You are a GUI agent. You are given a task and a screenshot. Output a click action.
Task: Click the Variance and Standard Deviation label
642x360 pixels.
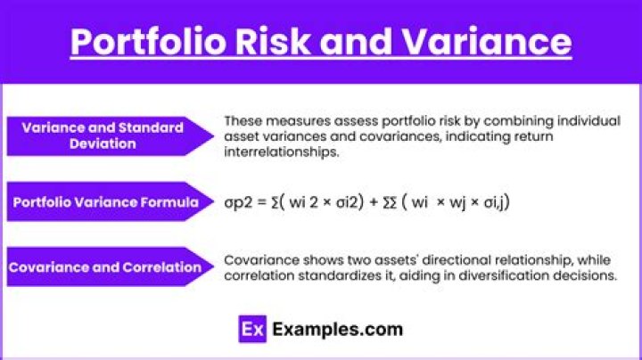(x=102, y=135)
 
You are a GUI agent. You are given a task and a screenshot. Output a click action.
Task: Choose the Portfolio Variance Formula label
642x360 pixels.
(x=105, y=202)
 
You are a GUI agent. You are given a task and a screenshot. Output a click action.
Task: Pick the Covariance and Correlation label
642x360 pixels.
(x=105, y=266)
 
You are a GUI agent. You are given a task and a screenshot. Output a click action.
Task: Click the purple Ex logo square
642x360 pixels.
(x=253, y=330)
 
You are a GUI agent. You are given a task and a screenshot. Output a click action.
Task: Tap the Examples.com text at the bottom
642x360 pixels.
(x=338, y=330)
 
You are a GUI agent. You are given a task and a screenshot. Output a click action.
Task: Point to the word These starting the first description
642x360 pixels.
(x=243, y=119)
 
